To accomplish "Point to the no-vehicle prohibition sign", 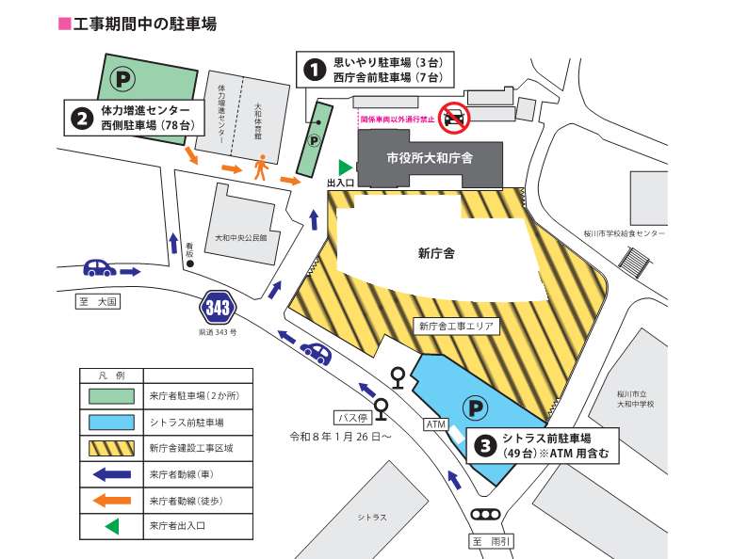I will (x=456, y=117).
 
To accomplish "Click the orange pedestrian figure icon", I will (x=261, y=168).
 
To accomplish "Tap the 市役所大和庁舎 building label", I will (x=430, y=157).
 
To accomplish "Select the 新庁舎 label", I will (x=436, y=252).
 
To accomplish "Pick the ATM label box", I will (x=435, y=423).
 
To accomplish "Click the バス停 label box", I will (x=350, y=417).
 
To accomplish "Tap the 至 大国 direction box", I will (x=99, y=303).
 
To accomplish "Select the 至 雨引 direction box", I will (x=491, y=541).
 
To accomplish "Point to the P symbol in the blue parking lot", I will (x=479, y=407).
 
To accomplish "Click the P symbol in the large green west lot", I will (x=120, y=73).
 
